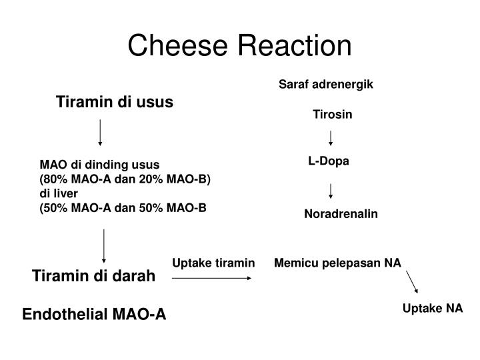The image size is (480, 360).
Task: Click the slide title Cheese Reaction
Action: [239, 45]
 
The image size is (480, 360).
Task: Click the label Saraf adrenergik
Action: [325, 85]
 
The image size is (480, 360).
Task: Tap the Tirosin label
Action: [333, 115]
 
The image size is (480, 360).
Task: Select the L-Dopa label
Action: [328, 161]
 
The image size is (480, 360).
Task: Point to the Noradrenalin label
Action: [341, 214]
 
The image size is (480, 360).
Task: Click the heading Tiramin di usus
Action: [115, 102]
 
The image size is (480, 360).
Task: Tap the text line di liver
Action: [59, 193]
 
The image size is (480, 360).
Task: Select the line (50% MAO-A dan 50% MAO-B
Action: [123, 208]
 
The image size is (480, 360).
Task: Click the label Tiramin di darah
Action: [94, 276]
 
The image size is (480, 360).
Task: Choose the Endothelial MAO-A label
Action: [95, 315]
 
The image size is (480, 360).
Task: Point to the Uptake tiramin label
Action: [213, 263]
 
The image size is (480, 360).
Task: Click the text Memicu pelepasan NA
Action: [337, 263]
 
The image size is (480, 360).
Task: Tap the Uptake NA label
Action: [432, 309]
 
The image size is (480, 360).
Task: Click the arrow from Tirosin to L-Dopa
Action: [331, 138]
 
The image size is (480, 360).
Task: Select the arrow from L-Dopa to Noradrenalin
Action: [331, 191]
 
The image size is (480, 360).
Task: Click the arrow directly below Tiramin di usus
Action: [100, 133]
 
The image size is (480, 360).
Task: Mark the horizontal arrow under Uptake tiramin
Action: [212, 277]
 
